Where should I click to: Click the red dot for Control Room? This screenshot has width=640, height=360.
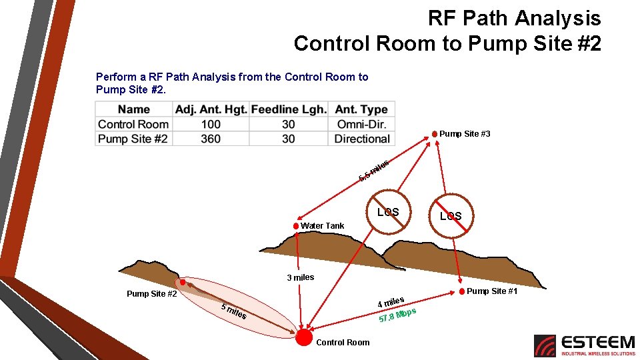pos(304,337)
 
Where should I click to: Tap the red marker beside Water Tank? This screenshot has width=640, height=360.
pos(296,225)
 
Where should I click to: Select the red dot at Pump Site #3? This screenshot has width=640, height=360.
pos(435,134)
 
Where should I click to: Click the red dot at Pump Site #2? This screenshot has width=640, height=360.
pos(182,282)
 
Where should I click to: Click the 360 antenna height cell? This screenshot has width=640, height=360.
pos(211,139)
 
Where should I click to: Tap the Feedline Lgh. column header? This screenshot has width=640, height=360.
pos(289,109)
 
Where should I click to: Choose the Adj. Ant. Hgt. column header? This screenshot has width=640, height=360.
pos(211,109)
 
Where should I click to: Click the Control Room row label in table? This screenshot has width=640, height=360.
pos(133,124)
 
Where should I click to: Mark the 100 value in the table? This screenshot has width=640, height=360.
pos(211,124)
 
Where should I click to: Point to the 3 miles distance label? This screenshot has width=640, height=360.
pos(300,277)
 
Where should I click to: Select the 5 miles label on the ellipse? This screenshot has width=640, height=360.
pos(233,311)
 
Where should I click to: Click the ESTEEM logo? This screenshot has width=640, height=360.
pos(585,345)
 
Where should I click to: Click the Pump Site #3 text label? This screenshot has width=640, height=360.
pos(465,134)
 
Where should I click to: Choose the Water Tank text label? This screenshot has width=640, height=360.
pos(323,226)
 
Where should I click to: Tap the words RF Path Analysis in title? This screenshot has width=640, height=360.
pos(514,18)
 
